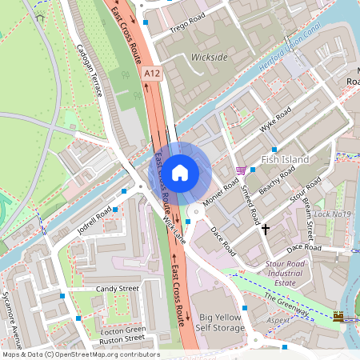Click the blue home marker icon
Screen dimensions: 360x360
[180, 172]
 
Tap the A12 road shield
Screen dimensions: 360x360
[153, 74]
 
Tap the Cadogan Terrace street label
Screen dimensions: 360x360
[90, 67]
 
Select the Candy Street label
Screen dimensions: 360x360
[118, 288]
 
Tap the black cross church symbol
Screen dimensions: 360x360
[266, 230]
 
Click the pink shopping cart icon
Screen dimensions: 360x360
[241, 170]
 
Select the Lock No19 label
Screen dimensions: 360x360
[333, 214]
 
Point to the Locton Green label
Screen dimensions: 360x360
[123, 329]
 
